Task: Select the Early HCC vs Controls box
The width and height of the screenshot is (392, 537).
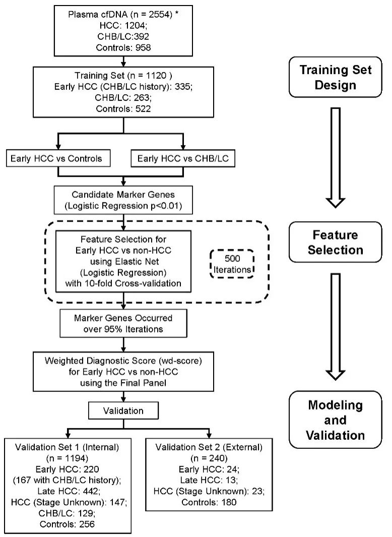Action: [58, 158]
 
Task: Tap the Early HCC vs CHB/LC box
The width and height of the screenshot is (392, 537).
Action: [183, 158]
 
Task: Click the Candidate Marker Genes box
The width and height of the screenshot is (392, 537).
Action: [123, 200]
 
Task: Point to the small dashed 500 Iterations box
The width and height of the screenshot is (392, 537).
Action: [232, 264]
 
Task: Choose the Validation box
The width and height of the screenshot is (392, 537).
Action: [123, 411]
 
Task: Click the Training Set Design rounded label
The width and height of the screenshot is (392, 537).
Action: [336, 77]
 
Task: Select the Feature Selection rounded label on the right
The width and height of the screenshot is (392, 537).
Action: [336, 242]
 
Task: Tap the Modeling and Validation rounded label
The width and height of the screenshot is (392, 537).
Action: [336, 420]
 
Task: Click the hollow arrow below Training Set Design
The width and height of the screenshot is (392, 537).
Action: [336, 158]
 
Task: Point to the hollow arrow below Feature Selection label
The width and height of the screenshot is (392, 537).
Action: [336, 327]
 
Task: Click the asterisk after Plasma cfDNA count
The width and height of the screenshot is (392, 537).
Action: [177, 14]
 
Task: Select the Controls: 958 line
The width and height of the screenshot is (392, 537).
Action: [123, 47]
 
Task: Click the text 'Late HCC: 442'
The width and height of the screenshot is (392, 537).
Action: [69, 491]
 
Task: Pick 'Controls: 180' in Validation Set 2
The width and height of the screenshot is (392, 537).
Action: [209, 502]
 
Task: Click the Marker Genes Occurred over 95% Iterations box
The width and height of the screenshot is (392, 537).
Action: [123, 323]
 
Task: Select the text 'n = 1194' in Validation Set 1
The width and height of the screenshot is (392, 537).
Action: [67, 458]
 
